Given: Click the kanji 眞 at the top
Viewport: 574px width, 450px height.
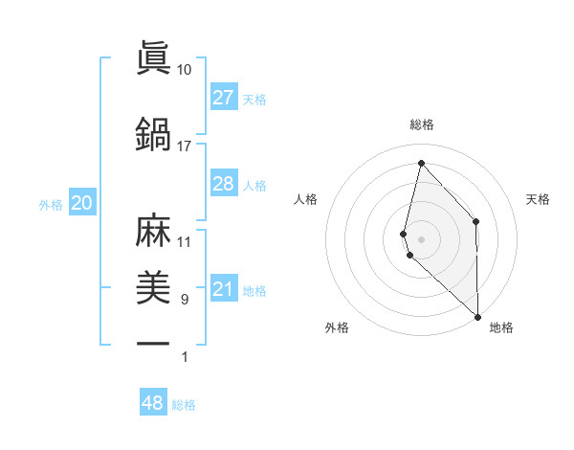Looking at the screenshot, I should (x=154, y=57).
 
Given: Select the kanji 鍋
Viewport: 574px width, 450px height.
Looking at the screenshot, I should (x=154, y=133).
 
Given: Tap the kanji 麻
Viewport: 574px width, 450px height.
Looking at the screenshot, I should (x=154, y=231).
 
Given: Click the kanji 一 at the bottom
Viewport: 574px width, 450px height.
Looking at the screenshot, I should (x=154, y=343).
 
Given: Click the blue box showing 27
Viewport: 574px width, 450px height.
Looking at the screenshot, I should (x=224, y=98).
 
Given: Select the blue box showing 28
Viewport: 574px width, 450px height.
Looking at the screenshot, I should (x=224, y=184).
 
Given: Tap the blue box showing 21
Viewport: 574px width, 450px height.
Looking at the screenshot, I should (x=224, y=290).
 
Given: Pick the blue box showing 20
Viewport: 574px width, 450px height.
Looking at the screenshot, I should (x=82, y=203).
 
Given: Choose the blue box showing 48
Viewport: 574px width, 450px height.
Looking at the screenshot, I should (x=153, y=403).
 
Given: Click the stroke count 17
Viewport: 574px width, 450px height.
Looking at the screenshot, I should (x=184, y=146).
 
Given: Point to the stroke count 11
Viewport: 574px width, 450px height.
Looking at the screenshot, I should (x=184, y=241).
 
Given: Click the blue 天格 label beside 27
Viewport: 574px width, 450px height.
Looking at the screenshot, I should (x=254, y=99).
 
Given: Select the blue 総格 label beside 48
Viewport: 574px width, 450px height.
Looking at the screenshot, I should (x=184, y=405).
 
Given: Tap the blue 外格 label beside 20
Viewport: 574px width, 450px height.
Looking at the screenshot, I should (x=51, y=204).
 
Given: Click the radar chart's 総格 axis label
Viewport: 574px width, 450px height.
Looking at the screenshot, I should (x=422, y=124).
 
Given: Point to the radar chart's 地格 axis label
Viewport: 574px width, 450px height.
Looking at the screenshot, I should (x=501, y=327).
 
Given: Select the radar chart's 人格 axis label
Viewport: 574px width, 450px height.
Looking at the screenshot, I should (x=305, y=199).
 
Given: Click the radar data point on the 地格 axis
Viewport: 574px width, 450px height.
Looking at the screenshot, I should (x=477, y=316).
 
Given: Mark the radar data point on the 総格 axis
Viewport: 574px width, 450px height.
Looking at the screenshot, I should (x=421, y=162).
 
